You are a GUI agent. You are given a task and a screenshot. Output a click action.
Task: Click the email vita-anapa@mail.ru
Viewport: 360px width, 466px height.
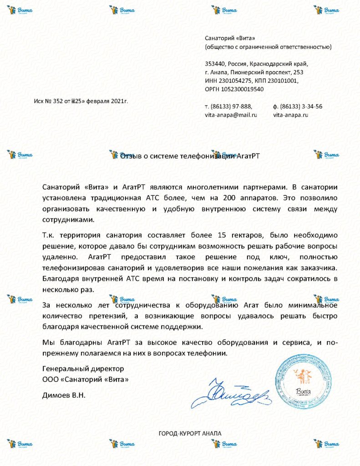tap(231, 115)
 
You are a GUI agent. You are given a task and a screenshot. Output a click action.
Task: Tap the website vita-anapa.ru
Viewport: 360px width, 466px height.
tap(290, 115)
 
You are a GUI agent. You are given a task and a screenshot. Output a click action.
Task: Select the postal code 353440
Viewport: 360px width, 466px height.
tap(215, 64)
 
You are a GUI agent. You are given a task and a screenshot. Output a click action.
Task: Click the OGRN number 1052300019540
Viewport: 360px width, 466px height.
tap(243, 89)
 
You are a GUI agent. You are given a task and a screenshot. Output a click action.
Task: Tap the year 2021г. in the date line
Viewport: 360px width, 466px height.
tap(120, 101)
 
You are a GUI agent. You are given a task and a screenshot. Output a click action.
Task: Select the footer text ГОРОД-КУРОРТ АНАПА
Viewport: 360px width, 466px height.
tap(190, 433)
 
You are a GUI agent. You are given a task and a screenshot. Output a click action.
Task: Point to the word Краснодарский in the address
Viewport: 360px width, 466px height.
tap(268, 64)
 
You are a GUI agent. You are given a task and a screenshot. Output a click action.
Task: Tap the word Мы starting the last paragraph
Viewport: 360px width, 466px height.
tap(47, 341)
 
